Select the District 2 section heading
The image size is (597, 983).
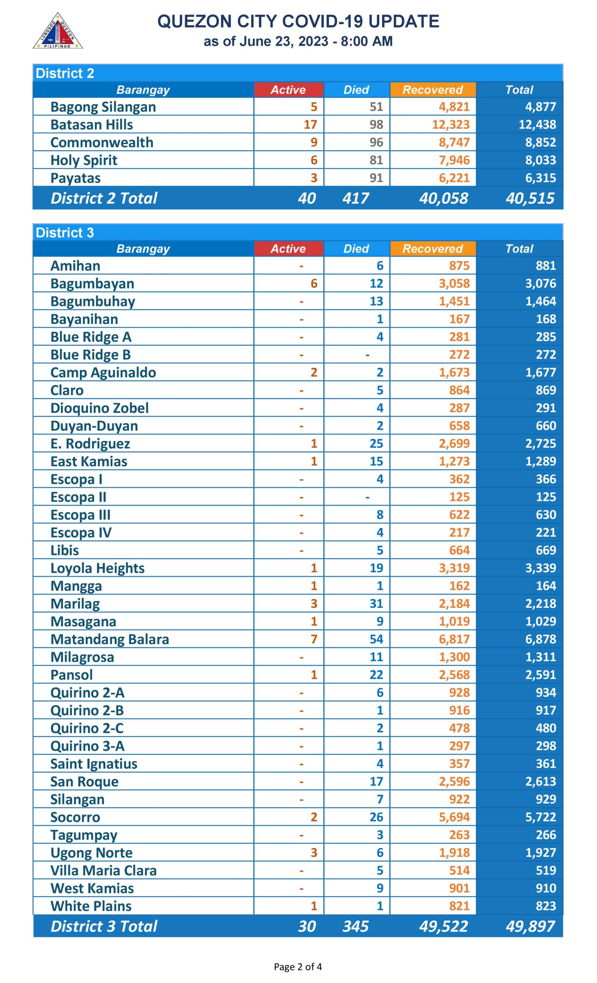[x=65, y=73]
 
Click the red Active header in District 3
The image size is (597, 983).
[x=288, y=248]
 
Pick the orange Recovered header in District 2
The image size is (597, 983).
[x=433, y=90]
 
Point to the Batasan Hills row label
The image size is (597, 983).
[x=91, y=124]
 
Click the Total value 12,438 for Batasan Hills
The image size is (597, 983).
[x=537, y=124]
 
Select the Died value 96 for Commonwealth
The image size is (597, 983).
[x=376, y=142]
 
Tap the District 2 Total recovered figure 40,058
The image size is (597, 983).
[x=443, y=198]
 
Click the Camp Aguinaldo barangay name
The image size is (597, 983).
[x=103, y=372]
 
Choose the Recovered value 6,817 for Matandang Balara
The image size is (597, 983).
[x=454, y=639]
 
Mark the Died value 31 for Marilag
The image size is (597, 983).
[x=376, y=604]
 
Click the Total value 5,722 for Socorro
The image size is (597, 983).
[x=540, y=817]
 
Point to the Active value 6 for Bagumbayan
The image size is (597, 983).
[x=313, y=284]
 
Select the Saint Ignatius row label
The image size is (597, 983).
[x=94, y=764]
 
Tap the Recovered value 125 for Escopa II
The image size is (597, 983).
[x=459, y=497]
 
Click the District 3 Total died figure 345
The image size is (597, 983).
[x=355, y=926]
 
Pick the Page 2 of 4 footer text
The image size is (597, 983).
[x=298, y=966]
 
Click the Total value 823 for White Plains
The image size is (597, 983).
[x=546, y=906]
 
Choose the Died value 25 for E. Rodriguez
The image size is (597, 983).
[x=376, y=444]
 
